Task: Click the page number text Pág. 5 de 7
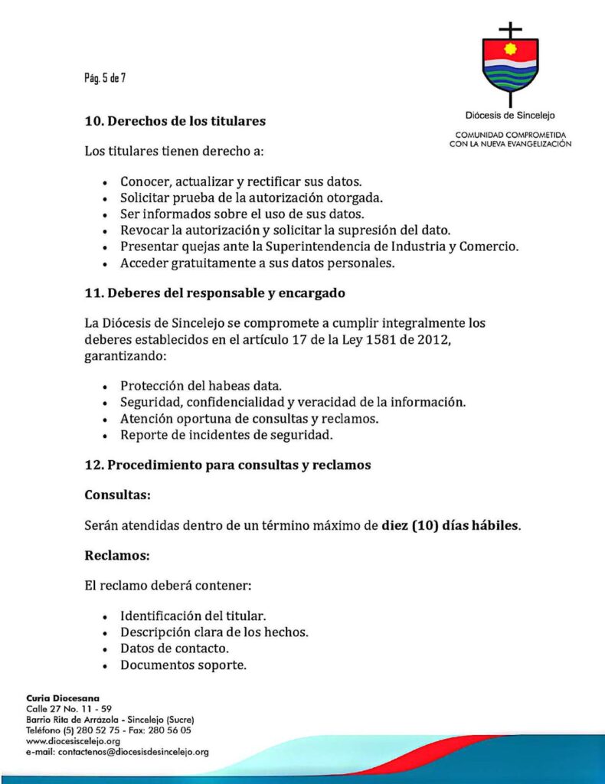[105, 77]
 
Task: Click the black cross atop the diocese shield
[510, 31]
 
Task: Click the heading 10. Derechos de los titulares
[175, 120]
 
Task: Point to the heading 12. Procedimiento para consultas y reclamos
[227, 465]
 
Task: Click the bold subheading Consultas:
[116, 495]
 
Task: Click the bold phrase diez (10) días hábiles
[451, 526]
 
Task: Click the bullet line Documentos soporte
[183, 665]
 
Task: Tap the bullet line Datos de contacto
[175, 649]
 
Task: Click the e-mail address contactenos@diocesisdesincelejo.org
[117, 752]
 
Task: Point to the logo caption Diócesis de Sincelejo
[510, 116]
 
